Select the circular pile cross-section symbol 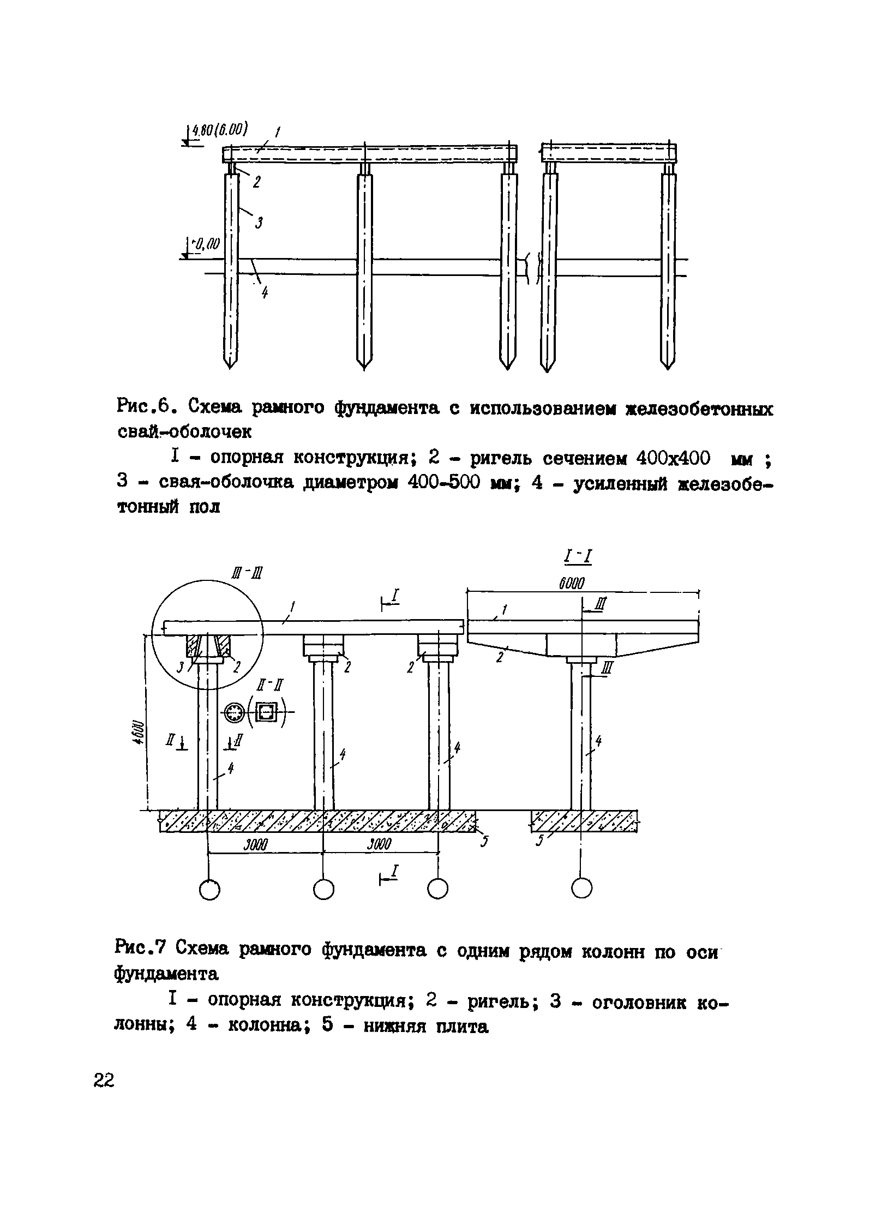pos(235,712)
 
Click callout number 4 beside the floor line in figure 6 pos(265,294)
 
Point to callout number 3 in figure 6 pos(260,223)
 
